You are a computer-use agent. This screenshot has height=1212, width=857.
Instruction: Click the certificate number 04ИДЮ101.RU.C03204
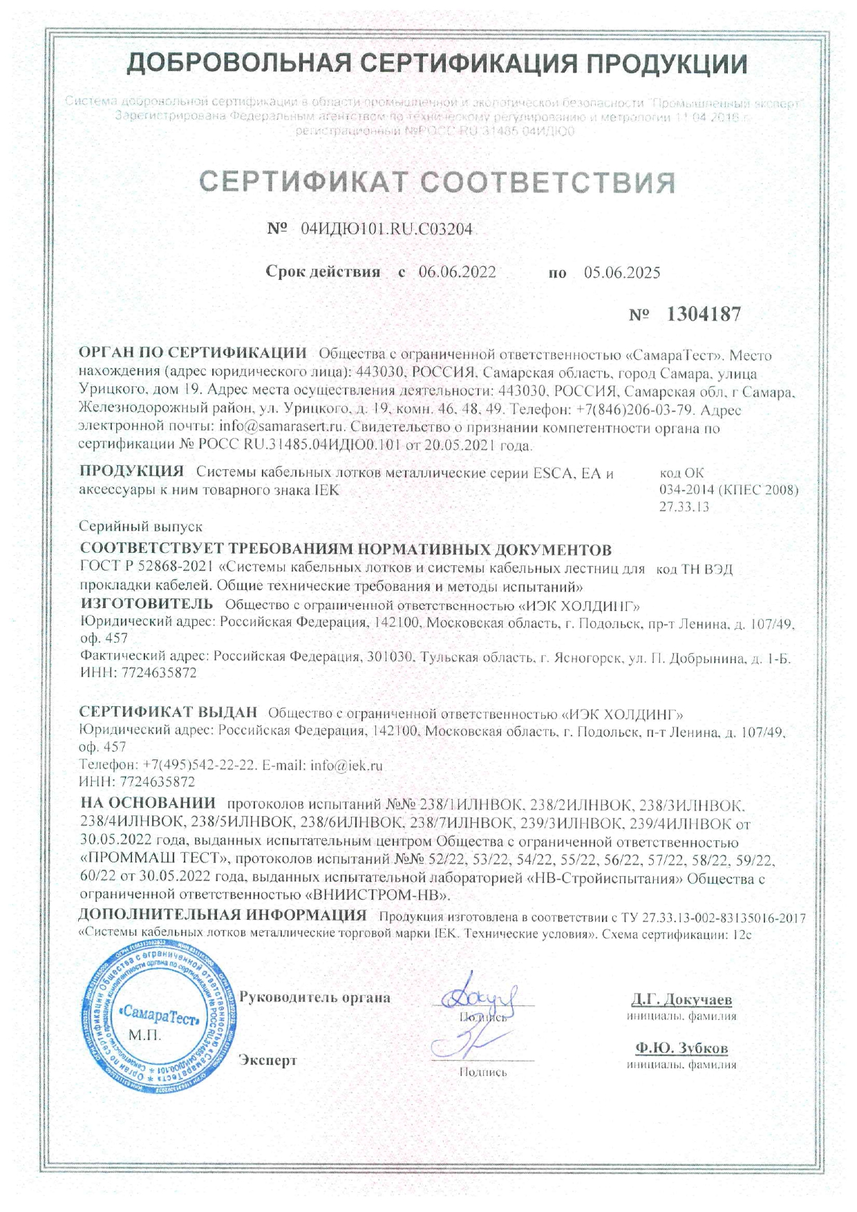(x=387, y=229)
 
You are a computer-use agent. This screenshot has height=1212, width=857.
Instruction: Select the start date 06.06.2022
(x=457, y=272)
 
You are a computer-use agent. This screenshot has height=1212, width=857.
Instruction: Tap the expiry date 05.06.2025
(x=622, y=272)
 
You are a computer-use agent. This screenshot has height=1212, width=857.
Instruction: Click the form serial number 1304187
(x=704, y=314)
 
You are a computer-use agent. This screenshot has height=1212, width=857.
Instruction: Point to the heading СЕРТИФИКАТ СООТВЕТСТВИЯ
(x=437, y=182)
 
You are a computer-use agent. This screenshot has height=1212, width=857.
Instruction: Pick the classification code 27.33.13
(x=685, y=506)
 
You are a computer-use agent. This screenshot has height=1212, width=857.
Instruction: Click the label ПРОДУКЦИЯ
(x=131, y=472)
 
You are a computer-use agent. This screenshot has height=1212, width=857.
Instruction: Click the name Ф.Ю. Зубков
(x=681, y=1048)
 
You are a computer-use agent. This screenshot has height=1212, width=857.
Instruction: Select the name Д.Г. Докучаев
(x=681, y=1000)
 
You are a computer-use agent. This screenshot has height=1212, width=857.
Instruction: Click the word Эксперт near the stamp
(x=267, y=1060)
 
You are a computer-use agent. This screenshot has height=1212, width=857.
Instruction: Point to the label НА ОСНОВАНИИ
(x=148, y=803)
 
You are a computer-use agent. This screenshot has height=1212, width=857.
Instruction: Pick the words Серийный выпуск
(x=141, y=527)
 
